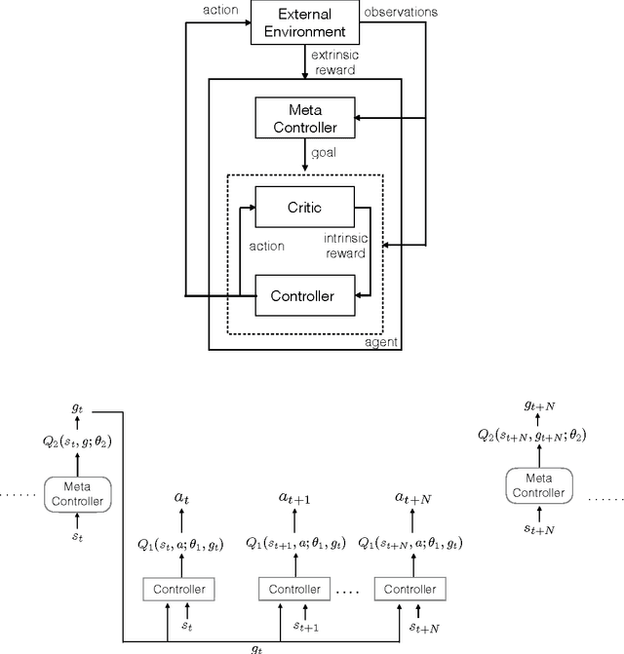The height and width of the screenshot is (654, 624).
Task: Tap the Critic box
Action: [305, 208]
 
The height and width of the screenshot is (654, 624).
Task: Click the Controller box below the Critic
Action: [305, 294]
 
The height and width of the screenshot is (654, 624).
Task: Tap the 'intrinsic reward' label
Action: [345, 245]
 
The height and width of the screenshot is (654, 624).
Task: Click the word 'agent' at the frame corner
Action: [381, 342]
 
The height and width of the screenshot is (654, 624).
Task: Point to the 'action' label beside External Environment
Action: [222, 12]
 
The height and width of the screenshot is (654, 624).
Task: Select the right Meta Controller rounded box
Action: [538, 484]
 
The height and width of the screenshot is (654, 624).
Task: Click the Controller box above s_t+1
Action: [293, 591]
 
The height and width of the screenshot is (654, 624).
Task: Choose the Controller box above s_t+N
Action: [409, 591]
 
